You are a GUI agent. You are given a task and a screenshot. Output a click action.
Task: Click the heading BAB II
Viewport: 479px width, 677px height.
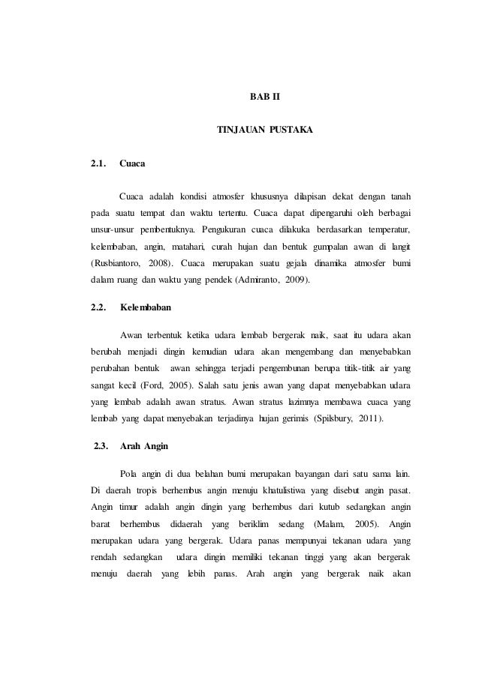[264, 97]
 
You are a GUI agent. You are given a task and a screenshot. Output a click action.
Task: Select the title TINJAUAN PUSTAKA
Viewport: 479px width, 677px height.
[264, 130]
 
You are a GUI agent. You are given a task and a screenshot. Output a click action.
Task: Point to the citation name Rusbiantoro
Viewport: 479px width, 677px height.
[114, 263]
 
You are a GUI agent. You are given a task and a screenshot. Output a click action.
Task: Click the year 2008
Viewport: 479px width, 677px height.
[158, 263]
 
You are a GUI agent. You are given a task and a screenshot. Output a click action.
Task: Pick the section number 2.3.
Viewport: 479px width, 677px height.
[99, 447]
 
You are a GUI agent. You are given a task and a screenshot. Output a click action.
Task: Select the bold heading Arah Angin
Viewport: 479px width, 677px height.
[145, 447]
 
